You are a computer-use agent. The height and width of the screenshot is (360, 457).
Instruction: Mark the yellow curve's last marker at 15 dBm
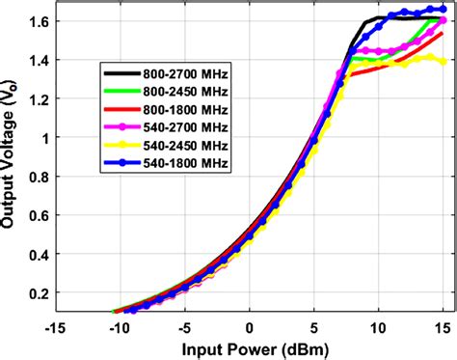[444, 62]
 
